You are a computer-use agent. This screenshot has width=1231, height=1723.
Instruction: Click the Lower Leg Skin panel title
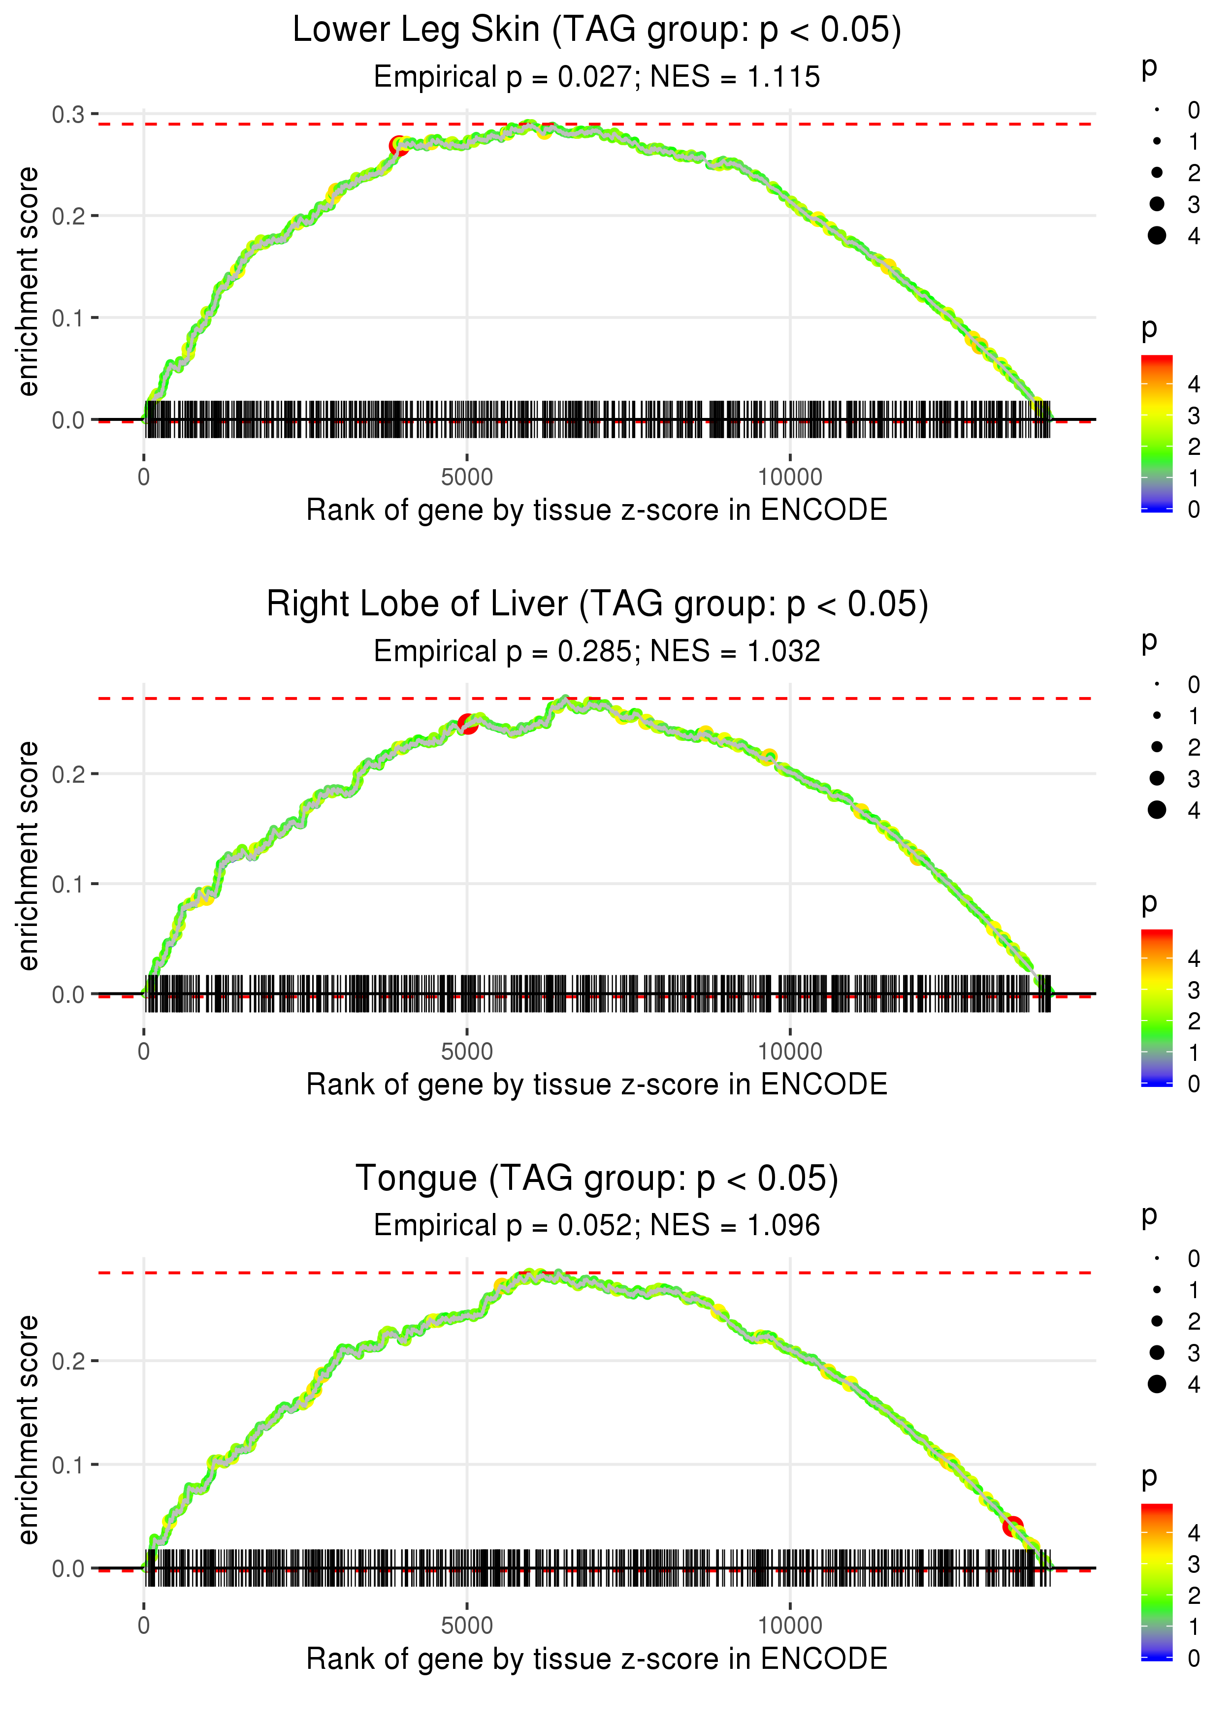[597, 31]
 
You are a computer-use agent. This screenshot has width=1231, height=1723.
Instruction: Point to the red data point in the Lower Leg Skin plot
[398, 146]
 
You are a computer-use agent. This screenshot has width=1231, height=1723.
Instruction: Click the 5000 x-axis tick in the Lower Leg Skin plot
[467, 478]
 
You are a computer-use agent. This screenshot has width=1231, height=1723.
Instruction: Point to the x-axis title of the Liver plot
[597, 1085]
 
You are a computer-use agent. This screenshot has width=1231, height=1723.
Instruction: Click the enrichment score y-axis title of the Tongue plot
[28, 1430]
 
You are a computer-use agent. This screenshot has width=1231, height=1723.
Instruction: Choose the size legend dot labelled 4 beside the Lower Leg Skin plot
[1157, 236]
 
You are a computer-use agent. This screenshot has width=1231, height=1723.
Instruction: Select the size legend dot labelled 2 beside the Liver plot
[1157, 747]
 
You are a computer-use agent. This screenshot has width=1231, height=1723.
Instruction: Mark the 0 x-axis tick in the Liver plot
[144, 1052]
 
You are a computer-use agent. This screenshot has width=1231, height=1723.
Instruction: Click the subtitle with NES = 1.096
[597, 1225]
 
